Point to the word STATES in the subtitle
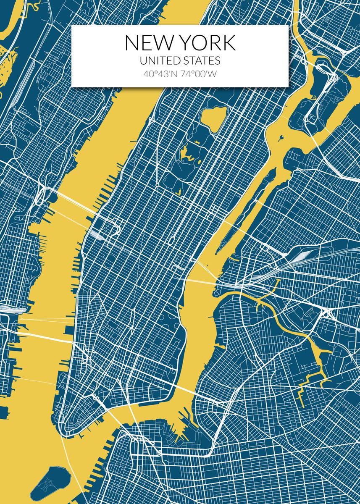click(x=202, y=61)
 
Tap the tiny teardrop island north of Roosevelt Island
click(x=281, y=136)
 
